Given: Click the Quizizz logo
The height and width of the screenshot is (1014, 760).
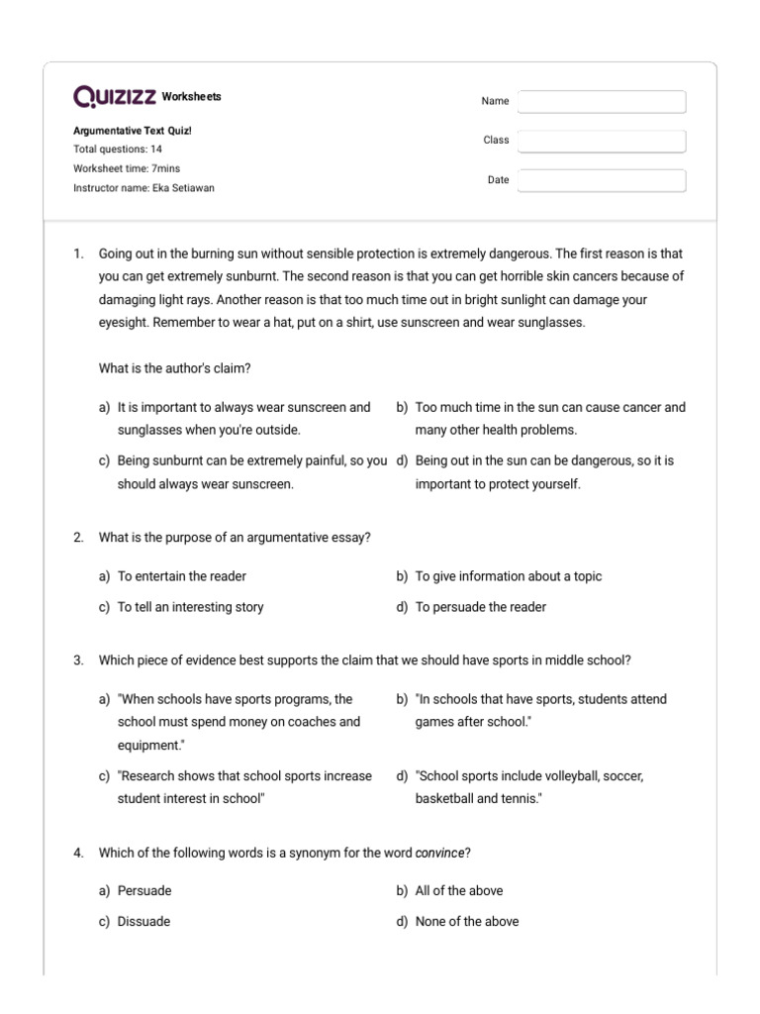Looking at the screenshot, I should click(x=114, y=97).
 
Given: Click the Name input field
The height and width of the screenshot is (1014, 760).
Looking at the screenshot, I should click(x=601, y=102).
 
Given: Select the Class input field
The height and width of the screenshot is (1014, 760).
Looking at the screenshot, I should click(x=601, y=142).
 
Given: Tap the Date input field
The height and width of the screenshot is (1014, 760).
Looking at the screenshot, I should click(x=601, y=181).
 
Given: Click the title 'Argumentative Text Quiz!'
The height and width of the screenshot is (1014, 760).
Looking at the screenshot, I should click(x=126, y=131).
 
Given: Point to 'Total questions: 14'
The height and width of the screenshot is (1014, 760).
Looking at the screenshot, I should click(x=118, y=150).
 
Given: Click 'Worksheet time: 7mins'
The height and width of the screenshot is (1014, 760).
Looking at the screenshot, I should click(x=127, y=168).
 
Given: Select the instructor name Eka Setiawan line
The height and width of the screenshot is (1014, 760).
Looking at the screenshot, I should click(x=143, y=188).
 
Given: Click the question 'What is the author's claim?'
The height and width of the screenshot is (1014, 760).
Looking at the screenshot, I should click(x=174, y=368).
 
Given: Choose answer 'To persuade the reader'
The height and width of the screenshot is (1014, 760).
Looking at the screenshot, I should click(x=480, y=607).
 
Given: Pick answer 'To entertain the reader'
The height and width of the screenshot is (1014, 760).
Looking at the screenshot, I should click(x=181, y=576).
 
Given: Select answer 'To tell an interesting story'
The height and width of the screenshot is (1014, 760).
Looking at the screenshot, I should click(x=190, y=607).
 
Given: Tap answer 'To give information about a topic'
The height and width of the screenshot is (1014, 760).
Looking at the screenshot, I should click(x=508, y=576).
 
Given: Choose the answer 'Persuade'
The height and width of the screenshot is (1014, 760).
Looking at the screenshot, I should click(x=143, y=890).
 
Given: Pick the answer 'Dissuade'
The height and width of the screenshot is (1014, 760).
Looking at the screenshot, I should click(x=143, y=921).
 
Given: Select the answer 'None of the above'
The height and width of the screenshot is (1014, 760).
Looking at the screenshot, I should click(x=466, y=921).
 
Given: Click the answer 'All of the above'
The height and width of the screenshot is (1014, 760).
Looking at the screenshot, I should click(x=458, y=890).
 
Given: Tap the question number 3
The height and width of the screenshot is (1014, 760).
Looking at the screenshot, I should click(x=78, y=660).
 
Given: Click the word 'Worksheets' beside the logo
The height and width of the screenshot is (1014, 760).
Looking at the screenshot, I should click(x=191, y=97).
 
